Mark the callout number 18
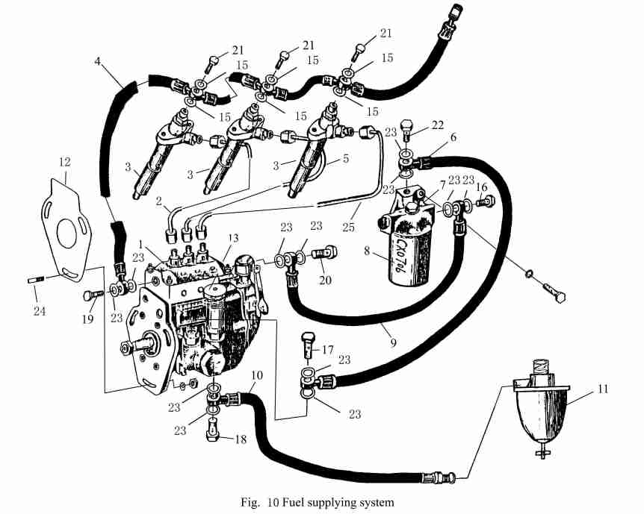[x=240, y=440]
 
